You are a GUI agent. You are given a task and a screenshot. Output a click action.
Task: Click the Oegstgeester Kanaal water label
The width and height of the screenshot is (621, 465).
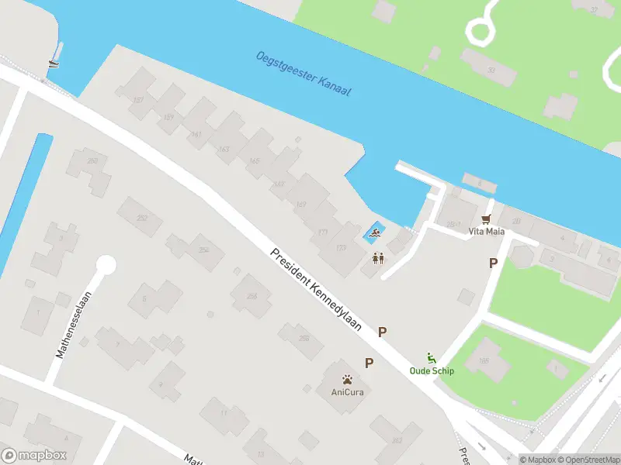point(304,74)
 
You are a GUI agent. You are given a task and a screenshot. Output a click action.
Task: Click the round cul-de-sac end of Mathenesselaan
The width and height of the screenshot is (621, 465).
point(106,266)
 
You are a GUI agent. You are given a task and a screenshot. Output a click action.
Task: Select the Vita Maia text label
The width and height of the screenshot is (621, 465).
point(486,232)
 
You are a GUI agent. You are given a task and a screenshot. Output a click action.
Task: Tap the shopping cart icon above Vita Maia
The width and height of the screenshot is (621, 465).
point(487,220)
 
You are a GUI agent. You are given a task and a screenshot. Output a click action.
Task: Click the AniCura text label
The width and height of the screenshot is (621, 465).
point(347,391)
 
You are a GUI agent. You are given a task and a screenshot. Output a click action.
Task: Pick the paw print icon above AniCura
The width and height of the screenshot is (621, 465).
point(347,380)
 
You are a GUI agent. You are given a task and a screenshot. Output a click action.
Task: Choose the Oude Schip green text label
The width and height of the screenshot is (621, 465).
point(432,370)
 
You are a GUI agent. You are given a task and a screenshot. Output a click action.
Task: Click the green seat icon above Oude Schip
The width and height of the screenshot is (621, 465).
point(432,358)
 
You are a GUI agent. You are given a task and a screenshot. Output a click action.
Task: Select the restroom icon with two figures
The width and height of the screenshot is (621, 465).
point(379,258)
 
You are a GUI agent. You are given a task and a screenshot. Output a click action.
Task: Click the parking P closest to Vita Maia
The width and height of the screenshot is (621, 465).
point(493,263)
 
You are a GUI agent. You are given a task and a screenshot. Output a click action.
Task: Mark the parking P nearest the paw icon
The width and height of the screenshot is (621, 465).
point(369,363)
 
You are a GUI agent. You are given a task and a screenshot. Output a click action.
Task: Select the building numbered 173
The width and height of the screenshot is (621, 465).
point(339,248)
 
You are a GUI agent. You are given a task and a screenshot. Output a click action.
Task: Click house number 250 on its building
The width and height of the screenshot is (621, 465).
point(93,160)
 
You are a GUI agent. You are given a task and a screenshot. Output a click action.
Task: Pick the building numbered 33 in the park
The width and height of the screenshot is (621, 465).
point(491,70)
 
